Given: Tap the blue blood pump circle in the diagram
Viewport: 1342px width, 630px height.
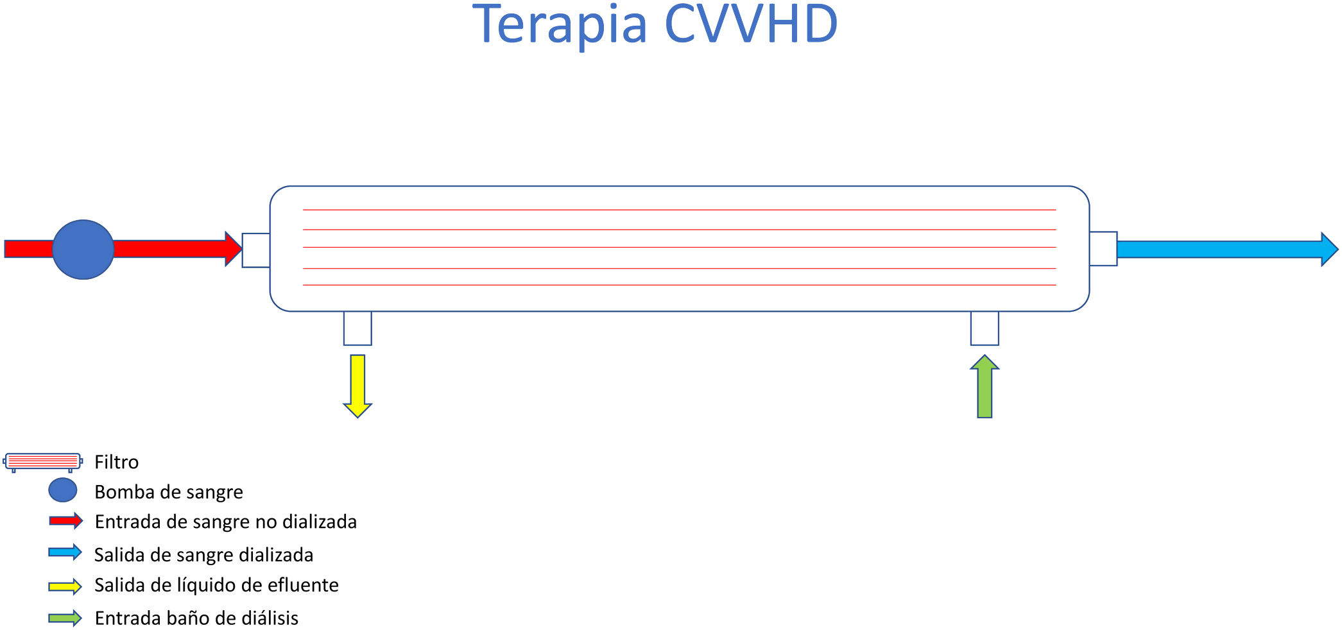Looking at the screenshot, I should (83, 250).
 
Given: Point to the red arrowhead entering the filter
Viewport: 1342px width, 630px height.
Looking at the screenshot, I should (232, 249).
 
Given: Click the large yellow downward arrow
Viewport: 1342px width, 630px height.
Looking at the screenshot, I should (357, 386).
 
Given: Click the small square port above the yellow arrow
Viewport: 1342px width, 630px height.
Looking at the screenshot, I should (357, 328).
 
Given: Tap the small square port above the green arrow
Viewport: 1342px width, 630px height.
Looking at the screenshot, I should (985, 328).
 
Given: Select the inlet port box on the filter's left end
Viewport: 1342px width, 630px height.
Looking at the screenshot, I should (255, 250).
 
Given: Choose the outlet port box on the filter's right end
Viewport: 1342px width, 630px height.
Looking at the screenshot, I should (1103, 249).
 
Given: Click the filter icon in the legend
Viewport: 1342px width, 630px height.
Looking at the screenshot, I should (42, 462).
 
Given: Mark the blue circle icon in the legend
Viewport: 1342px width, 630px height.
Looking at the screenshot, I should (63, 491).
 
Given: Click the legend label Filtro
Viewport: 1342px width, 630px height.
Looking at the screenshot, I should (116, 462).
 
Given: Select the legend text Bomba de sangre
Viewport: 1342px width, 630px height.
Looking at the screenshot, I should (169, 492).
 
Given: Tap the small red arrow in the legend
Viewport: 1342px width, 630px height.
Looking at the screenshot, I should (65, 521).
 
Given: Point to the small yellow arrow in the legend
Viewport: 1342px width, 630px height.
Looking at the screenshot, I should (65, 586).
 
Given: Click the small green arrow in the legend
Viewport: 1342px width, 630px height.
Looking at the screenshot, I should (65, 618).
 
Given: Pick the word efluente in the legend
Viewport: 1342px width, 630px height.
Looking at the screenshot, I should (302, 585).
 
